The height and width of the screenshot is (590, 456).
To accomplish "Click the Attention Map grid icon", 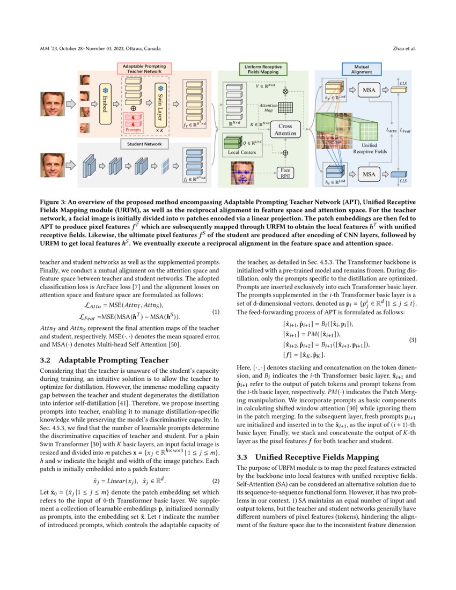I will (285, 107).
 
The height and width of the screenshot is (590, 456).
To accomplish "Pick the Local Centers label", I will (241, 152).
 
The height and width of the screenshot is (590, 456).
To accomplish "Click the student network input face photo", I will (53, 166).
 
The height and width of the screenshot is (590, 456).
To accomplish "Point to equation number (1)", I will (216, 312).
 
